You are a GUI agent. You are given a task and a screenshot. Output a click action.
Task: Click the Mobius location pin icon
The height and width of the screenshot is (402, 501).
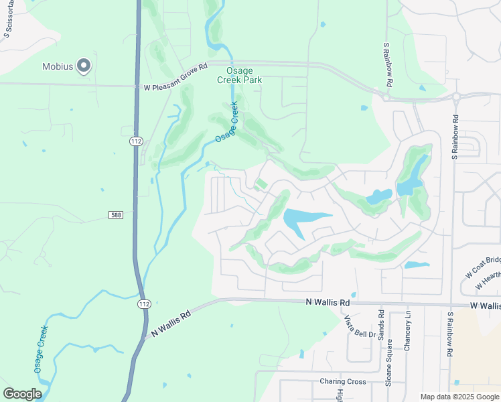click(84, 66)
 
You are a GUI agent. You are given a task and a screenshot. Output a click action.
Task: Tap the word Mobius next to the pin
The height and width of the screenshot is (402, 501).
click(58, 66)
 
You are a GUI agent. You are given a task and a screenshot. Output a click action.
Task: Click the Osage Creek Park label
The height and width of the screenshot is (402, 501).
click(239, 74)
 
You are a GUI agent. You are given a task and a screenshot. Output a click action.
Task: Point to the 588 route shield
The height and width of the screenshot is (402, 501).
click(116, 214)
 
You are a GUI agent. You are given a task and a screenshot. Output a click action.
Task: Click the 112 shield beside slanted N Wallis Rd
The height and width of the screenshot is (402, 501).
click(144, 304)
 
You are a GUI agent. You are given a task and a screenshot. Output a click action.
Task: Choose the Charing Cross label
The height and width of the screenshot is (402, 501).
click(342, 381)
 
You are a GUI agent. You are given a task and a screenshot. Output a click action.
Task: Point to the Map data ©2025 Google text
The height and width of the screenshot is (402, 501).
click(459, 397)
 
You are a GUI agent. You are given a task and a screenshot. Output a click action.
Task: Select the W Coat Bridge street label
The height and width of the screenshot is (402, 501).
click(483, 267)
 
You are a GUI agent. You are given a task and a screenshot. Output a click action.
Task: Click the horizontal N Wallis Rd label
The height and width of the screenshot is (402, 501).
click(327, 303)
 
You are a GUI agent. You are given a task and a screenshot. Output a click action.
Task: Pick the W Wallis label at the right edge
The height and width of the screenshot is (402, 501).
click(485, 306)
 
